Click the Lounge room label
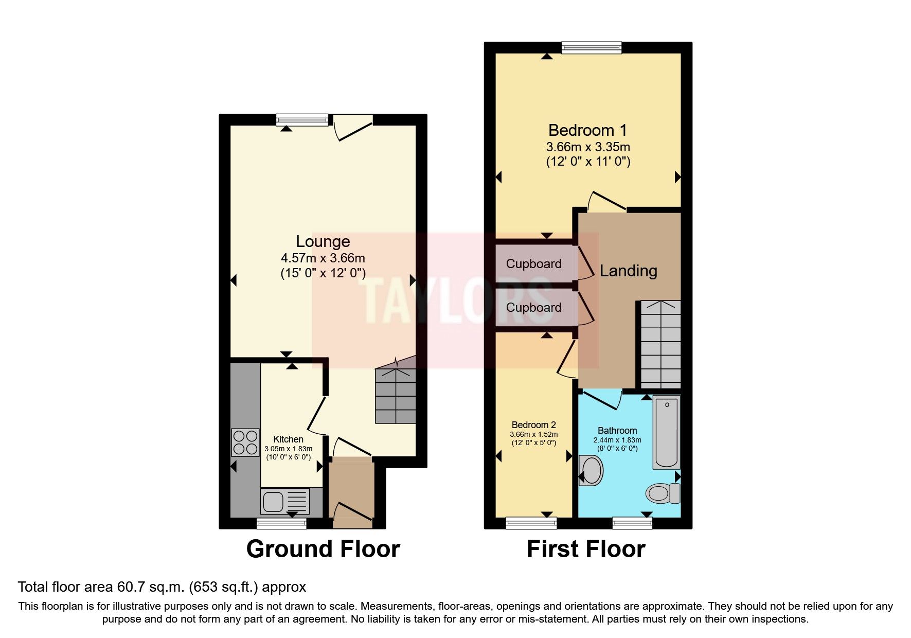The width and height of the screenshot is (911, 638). (x=323, y=241)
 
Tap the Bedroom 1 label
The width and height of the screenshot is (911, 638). (x=587, y=130)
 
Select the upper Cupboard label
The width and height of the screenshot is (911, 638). (x=533, y=264)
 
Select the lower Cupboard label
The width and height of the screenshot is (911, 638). (x=533, y=308)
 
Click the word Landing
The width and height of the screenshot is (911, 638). (x=628, y=271)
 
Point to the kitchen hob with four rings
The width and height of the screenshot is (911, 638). (x=245, y=442)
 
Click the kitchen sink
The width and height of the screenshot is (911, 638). (x=285, y=502)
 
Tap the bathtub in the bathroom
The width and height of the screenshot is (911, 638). (x=667, y=432)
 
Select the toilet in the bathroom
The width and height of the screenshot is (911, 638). (x=662, y=493)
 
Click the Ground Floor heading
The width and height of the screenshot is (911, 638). (x=323, y=549)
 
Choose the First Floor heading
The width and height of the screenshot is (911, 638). (x=585, y=549)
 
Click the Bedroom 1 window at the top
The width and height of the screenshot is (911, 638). (x=591, y=48)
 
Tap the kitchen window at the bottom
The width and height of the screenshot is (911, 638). (x=281, y=523)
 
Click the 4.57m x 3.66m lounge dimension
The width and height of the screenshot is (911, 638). (x=323, y=258)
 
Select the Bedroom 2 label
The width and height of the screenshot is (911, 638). (x=533, y=425)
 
